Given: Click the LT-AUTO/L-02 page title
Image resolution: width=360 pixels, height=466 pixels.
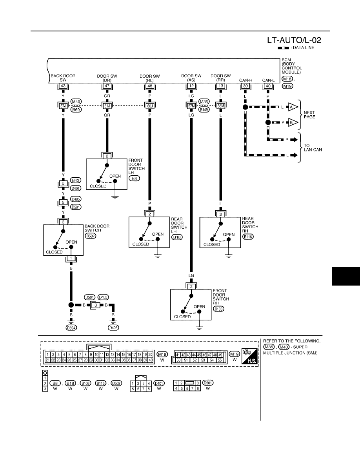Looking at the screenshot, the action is tap(294, 40).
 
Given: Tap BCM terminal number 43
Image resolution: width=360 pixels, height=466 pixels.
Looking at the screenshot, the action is tap(63, 86).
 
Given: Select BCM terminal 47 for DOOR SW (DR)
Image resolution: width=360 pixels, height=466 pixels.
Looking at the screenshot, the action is tap(107, 86).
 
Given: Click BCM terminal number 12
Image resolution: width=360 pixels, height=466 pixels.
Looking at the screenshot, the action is tap(191, 86).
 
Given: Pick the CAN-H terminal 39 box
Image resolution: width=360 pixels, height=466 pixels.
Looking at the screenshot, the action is tap(245, 86).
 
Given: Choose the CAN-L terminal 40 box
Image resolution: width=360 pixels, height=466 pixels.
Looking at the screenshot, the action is tap(268, 86).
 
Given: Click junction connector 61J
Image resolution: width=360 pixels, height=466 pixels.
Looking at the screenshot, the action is tap(107, 106).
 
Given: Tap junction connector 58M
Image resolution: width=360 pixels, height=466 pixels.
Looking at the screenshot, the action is tap(221, 106).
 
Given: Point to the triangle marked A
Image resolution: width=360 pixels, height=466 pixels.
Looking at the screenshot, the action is tap(293, 107).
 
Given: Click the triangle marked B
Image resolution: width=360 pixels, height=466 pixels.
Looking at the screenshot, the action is tap(293, 122).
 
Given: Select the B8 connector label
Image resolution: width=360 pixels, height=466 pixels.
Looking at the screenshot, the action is tap(134, 178).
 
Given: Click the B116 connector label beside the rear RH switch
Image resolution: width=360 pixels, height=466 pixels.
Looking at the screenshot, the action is tap(248, 237).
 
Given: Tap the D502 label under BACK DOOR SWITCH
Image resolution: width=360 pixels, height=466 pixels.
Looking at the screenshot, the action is tap(90, 236).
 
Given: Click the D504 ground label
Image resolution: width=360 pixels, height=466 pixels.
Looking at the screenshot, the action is tap(71, 328).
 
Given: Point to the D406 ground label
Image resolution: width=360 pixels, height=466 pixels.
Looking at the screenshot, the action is tap(113, 328).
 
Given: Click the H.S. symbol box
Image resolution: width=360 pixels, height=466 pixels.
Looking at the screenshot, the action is tap(249, 356).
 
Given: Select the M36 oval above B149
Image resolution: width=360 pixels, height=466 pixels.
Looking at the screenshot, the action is tap(204, 102).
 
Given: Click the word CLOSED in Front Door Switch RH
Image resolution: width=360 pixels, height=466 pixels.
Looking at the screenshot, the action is tap(182, 317).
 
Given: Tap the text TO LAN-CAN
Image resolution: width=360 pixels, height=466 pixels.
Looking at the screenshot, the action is tap(313, 148).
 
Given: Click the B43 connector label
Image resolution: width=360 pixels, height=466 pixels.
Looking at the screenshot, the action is tap(76, 180).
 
